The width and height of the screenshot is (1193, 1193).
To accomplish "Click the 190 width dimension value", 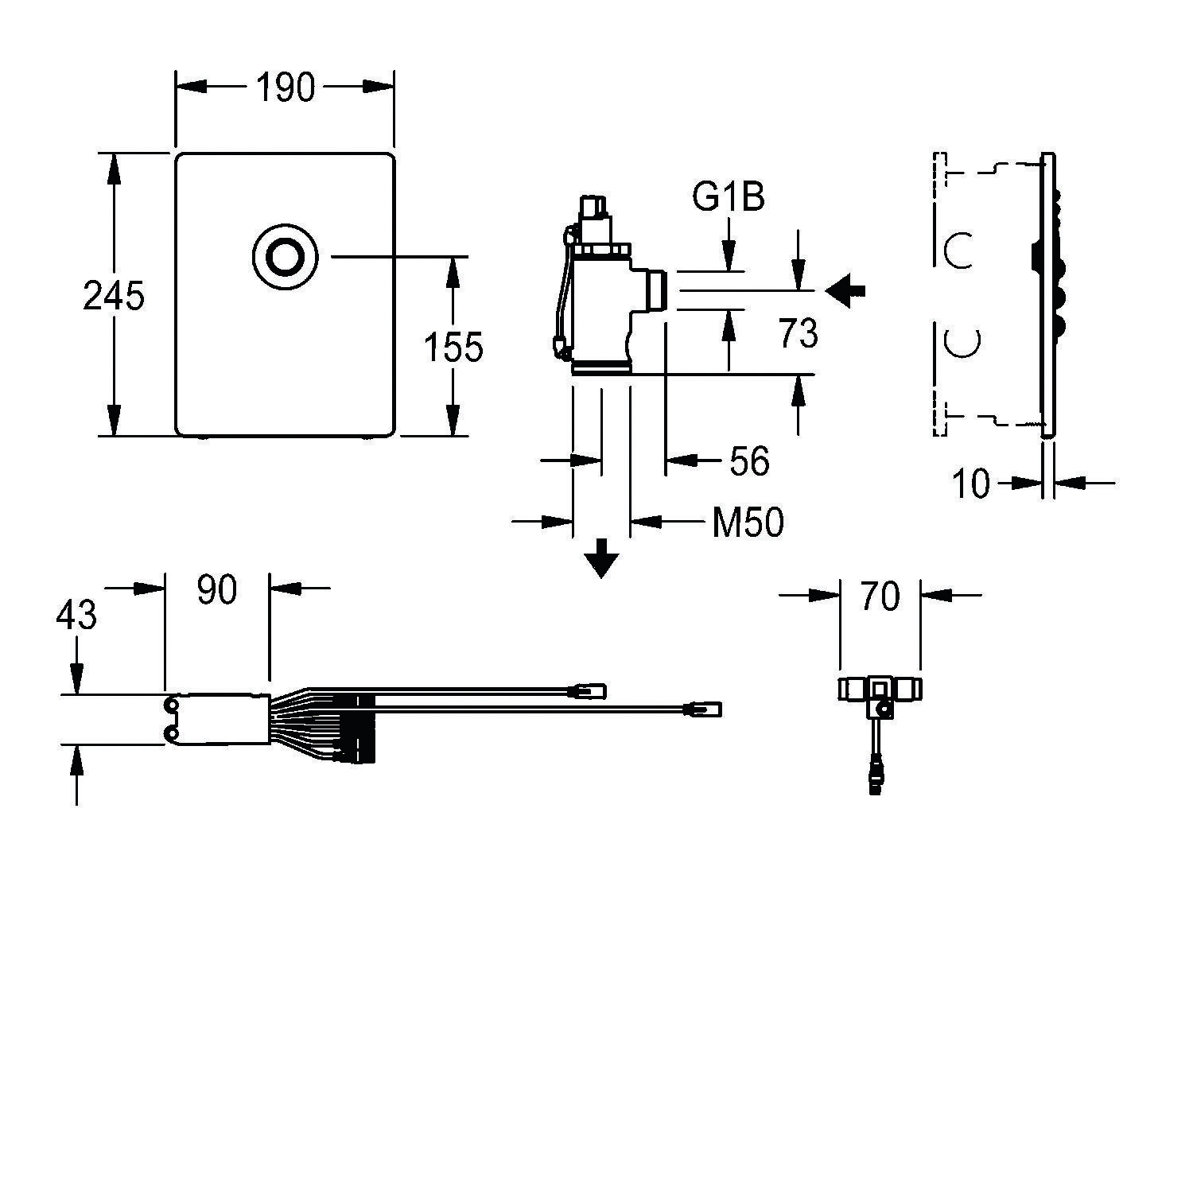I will click(285, 87).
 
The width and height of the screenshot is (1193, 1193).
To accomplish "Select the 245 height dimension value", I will click(114, 296).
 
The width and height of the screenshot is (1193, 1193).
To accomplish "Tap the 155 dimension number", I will click(453, 348).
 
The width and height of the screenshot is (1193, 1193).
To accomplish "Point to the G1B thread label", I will click(728, 197).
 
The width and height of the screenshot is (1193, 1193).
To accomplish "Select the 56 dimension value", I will click(749, 461).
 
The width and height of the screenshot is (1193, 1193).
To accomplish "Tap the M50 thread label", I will click(747, 523).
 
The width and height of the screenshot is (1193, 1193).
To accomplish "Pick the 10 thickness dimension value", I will click(970, 483).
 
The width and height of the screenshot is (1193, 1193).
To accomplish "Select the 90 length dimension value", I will click(217, 590).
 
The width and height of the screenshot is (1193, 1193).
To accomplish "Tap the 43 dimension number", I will click(77, 615).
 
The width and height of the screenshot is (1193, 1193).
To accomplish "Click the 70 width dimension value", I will click(880, 596).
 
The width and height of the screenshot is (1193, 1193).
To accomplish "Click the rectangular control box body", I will click(216, 720).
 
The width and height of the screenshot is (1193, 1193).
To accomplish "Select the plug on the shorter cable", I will click(590, 690).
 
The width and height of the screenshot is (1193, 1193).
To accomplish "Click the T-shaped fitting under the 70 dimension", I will click(879, 690).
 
